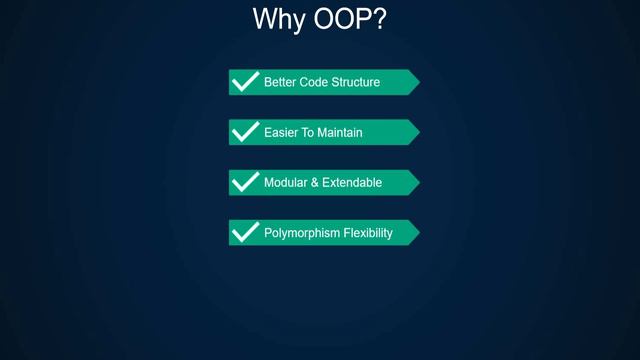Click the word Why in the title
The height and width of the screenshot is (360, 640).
277,20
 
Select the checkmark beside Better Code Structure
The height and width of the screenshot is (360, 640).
245,81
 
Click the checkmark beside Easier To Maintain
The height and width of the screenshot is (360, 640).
245,131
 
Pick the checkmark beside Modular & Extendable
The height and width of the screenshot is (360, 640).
245,182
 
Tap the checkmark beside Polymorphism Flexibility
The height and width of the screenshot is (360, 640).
245,232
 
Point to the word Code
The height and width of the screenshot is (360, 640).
315,82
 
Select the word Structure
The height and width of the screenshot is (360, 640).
356,82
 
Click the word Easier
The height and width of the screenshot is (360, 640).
281,132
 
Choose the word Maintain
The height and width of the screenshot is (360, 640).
340,132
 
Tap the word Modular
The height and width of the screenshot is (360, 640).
285,183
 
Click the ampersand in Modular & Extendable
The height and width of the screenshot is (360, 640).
313,183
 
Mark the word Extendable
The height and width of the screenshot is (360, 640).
349,183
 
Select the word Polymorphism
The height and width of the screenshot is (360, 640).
298,233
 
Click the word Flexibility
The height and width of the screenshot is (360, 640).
365,233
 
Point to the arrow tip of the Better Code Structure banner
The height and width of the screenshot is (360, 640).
416,82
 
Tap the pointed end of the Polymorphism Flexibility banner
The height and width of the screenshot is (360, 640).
416,232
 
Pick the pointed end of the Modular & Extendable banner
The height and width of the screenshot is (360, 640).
416,182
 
